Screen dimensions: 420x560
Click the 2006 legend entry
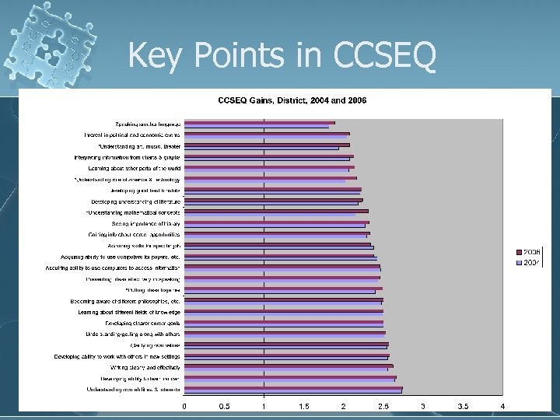click(532, 253)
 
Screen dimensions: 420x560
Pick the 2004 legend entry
click(532, 263)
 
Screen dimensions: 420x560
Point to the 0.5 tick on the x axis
click(224, 406)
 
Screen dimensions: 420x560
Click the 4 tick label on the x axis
click(502, 406)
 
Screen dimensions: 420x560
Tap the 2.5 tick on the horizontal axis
click(383, 406)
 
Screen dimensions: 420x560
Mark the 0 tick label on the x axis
click(184, 406)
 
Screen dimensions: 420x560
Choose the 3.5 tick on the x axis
click(463, 406)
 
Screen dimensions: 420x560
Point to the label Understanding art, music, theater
click(139, 145)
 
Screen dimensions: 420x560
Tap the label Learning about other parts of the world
click(135, 168)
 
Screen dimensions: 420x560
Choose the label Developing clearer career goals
click(143, 323)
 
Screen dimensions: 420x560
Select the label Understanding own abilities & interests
click(134, 389)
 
